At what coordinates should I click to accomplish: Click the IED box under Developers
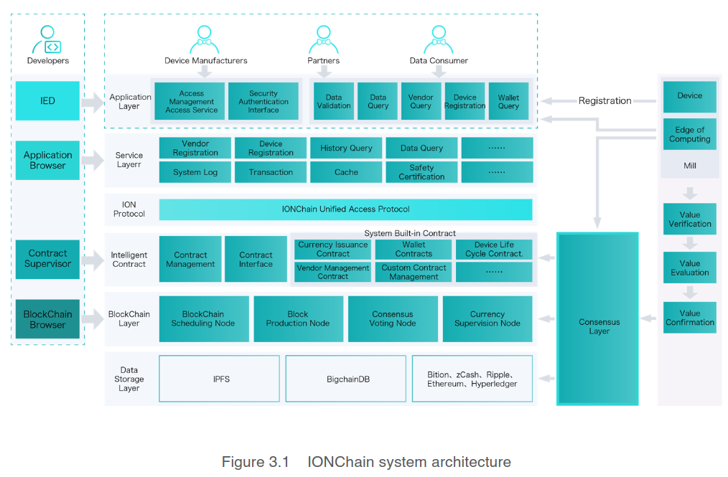pyautogui.click(x=47, y=100)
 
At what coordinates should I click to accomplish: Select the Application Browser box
pyautogui.click(x=47, y=160)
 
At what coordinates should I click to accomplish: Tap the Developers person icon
pyautogui.click(x=48, y=39)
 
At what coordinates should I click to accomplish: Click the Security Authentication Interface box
pyautogui.click(x=263, y=101)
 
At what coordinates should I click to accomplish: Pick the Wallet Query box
pyautogui.click(x=508, y=101)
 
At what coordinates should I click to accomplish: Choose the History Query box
pyautogui.click(x=346, y=148)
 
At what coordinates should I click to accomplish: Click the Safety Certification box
pyautogui.click(x=421, y=172)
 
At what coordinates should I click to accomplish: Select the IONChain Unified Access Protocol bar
pyautogui.click(x=345, y=209)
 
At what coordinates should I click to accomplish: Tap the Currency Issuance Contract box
pyautogui.click(x=332, y=249)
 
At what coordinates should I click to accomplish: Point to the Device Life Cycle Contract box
pyautogui.click(x=494, y=249)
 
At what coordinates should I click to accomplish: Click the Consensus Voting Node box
pyautogui.click(x=393, y=318)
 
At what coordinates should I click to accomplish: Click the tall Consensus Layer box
pyautogui.click(x=598, y=318)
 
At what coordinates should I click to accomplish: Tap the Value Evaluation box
pyautogui.click(x=689, y=268)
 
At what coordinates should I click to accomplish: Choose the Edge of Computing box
pyautogui.click(x=689, y=134)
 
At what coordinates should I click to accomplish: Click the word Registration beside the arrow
pyautogui.click(x=605, y=101)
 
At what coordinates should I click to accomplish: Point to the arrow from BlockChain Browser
pyautogui.click(x=93, y=318)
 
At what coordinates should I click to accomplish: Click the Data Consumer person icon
pyautogui.click(x=439, y=40)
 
